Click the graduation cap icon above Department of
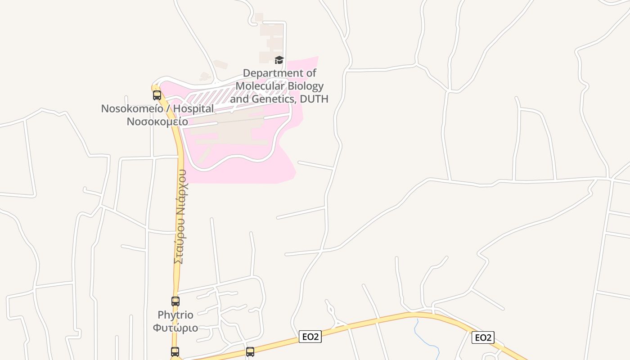[279, 60]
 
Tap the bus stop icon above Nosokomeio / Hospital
[157, 95]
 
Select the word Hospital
[193, 109]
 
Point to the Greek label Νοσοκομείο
[157, 121]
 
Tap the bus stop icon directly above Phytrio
[175, 301]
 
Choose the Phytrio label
[175, 315]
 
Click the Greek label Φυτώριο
[175, 327]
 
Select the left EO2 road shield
[310, 337]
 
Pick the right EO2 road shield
[483, 337]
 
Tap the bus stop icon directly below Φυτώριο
[175, 351]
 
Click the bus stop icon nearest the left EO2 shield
[250, 351]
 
